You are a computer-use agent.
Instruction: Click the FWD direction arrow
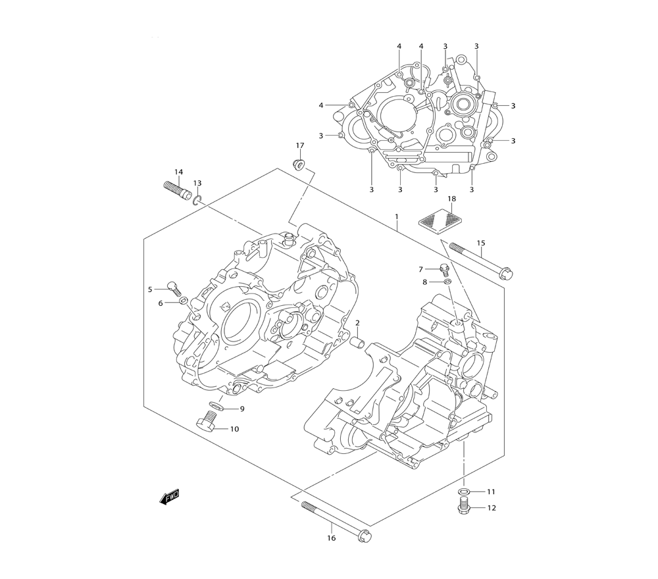(x=169, y=498)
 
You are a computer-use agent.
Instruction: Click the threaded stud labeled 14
(x=176, y=191)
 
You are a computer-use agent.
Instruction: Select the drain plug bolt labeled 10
(x=209, y=422)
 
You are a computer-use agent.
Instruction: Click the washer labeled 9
(x=216, y=405)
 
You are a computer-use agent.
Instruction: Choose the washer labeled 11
(x=465, y=491)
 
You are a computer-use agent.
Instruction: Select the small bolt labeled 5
(x=174, y=287)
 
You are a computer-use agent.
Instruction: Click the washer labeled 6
(x=184, y=302)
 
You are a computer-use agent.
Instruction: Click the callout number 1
(x=397, y=216)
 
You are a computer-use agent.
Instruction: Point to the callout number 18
(x=451, y=199)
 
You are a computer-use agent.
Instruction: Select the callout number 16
(x=331, y=538)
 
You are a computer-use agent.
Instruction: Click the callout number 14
(x=178, y=172)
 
